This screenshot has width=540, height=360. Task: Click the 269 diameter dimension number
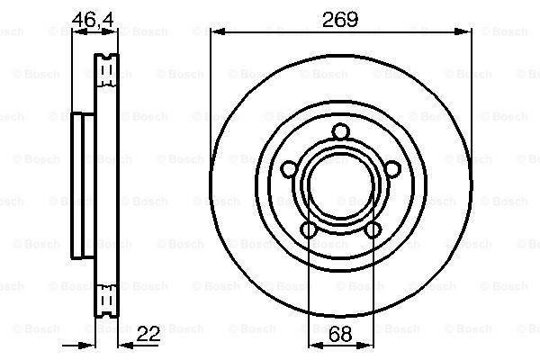click(x=340, y=20)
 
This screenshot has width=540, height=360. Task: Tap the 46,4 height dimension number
click(x=93, y=20)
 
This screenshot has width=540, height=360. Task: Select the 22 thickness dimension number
click(x=148, y=334)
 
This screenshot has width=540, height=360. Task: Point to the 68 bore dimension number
click(x=340, y=334)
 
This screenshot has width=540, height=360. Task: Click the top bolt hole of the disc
click(x=341, y=132)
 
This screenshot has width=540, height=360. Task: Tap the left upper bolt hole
click(x=289, y=169)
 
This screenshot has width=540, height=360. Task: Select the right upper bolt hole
click(x=392, y=169)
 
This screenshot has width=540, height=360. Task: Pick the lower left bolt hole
click(x=309, y=230)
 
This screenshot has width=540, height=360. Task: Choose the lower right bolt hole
click(x=373, y=230)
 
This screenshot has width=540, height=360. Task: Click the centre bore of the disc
click(x=341, y=186)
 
